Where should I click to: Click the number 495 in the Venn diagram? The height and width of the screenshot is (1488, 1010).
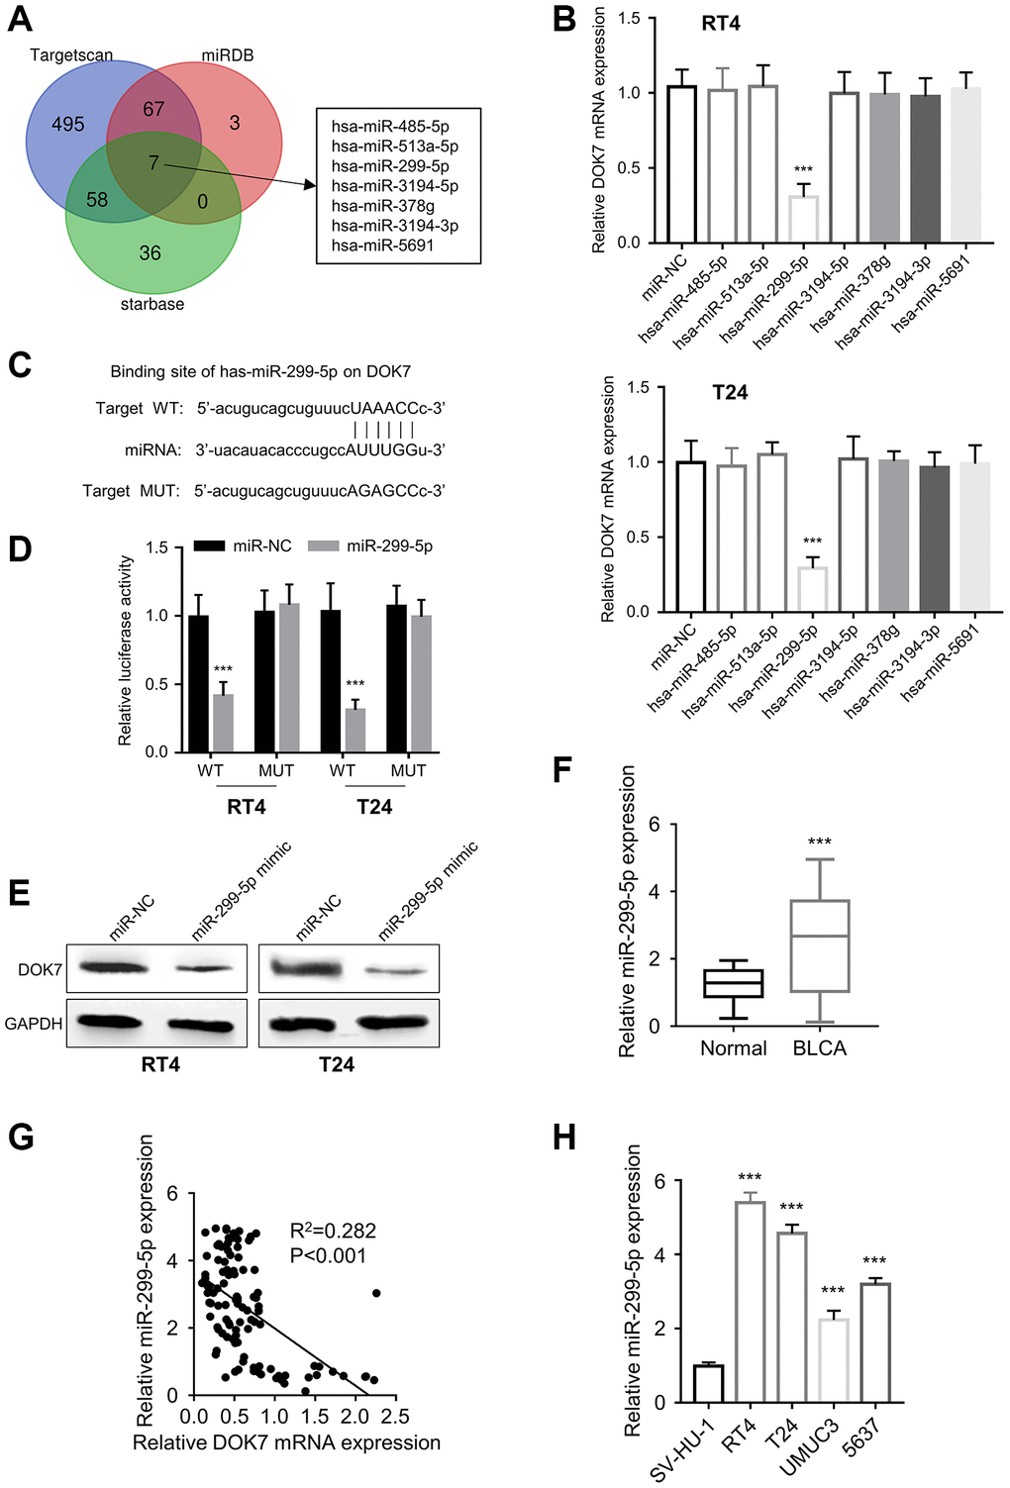(x=67, y=124)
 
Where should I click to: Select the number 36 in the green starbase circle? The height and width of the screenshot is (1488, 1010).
(x=151, y=253)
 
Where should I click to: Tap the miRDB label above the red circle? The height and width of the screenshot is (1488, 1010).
(x=228, y=55)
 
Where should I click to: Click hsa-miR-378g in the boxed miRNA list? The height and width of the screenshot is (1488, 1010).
(x=383, y=206)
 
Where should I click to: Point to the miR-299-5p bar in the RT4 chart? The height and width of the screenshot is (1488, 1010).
(x=804, y=219)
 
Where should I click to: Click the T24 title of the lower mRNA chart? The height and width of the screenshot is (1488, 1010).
(x=730, y=393)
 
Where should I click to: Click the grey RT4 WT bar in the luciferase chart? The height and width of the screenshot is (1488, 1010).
(x=223, y=723)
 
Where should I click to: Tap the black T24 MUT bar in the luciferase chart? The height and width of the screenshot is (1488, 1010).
(x=397, y=678)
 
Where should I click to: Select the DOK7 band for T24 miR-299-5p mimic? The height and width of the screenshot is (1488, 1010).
(x=396, y=971)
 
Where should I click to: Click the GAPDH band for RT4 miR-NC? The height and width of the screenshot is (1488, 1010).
(x=109, y=1024)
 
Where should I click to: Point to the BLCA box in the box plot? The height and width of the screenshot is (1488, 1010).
(x=820, y=945)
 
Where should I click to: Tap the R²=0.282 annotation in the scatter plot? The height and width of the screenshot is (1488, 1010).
(x=334, y=1231)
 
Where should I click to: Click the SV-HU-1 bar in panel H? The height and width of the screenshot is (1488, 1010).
(x=708, y=1384)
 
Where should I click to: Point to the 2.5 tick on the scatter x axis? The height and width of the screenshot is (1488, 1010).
(x=395, y=1417)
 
